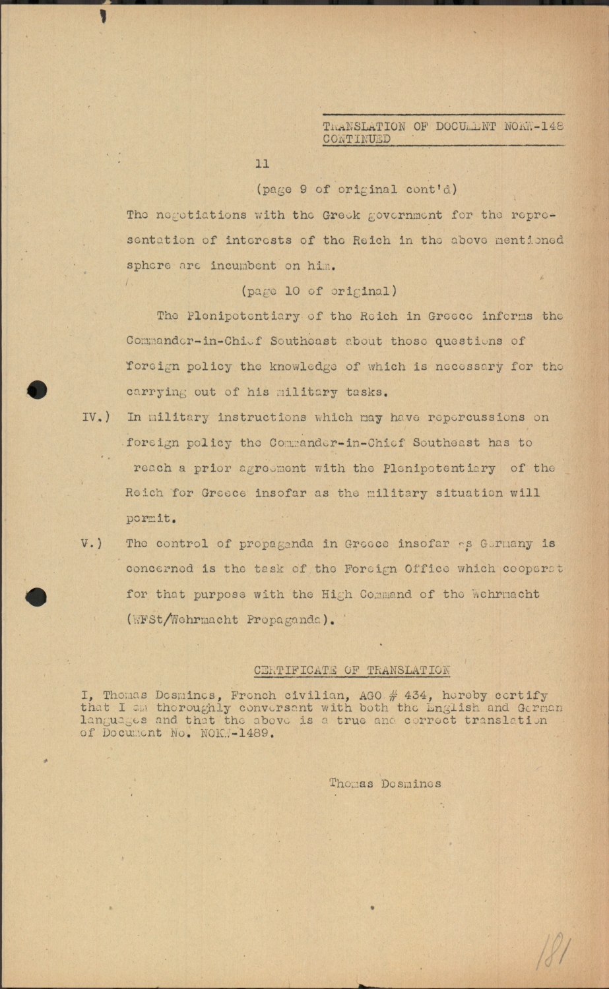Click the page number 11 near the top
coord(263,164)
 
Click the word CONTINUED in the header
coord(356,139)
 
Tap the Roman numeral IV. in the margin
coord(95,417)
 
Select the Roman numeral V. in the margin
coord(91,544)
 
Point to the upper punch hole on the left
coord(37,390)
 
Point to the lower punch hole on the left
coord(37,596)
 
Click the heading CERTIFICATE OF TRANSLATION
coord(352,671)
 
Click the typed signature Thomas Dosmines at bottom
coord(385,784)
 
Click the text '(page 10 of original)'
coord(319,291)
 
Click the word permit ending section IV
coord(150,518)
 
